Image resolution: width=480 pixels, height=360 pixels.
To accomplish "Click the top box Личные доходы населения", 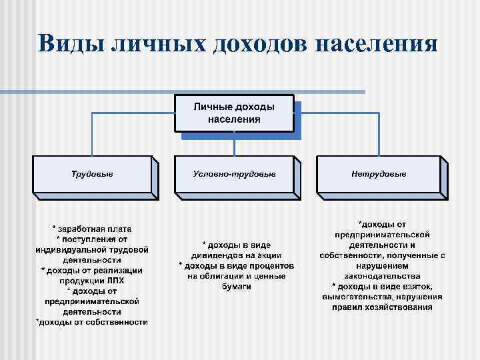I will click(234, 113).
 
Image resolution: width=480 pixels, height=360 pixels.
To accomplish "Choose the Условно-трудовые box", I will click(234, 174).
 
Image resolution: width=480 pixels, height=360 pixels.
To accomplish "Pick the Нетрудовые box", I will click(378, 174).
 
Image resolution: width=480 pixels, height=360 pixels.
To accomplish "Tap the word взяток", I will click(419, 286).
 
